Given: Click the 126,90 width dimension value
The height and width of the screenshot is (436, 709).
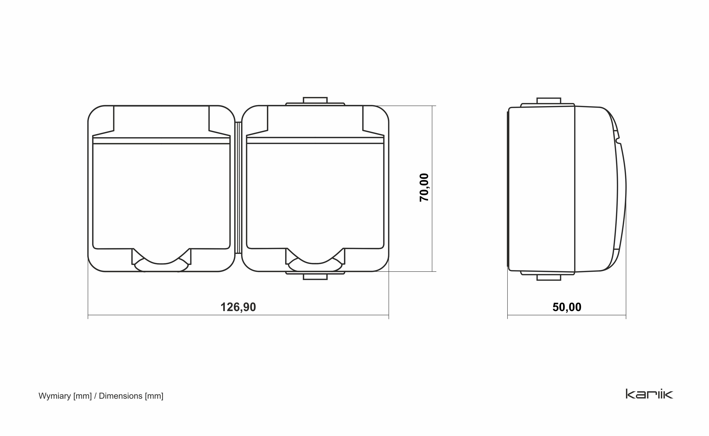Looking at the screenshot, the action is (238, 307).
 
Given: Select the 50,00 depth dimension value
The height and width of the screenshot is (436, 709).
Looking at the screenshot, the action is (567, 307).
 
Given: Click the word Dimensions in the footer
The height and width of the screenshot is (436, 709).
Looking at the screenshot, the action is (121, 396).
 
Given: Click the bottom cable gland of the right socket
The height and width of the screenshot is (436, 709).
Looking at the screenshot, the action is (315, 276).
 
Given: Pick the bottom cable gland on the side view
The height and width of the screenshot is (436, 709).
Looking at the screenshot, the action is (548, 276).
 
